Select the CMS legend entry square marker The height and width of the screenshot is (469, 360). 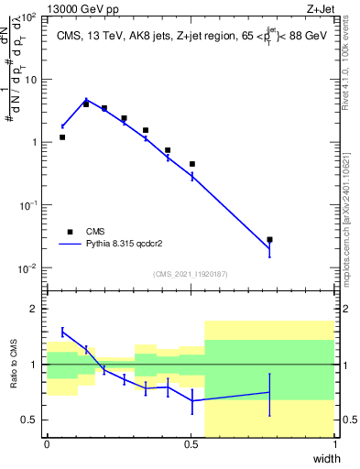[70, 232]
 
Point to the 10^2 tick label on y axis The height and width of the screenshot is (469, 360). [29, 17]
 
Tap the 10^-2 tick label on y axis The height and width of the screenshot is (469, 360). [28, 268]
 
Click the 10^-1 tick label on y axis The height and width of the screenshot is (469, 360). [28, 206]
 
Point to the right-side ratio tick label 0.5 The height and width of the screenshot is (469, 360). [349, 420]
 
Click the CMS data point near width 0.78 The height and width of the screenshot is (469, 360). [269, 240]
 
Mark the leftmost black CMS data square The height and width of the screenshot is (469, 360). [62, 137]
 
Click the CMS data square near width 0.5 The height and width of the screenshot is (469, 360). [192, 164]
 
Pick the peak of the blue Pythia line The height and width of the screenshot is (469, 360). [86, 100]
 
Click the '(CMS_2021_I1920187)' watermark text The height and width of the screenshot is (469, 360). [191, 274]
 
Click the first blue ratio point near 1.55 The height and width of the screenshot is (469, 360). [62, 332]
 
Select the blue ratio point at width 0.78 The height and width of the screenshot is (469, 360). [269, 392]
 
